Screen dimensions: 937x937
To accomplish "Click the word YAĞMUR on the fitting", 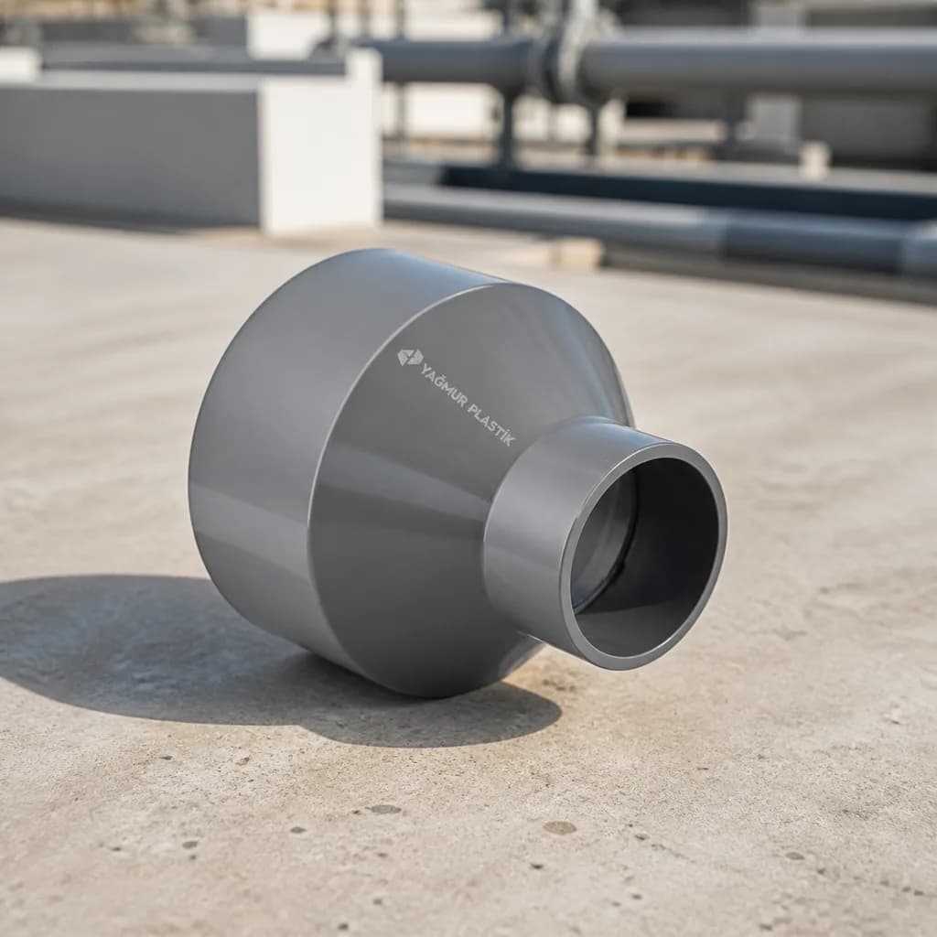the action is tap(442, 383).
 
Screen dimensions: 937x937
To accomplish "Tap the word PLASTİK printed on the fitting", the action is tap(490, 423).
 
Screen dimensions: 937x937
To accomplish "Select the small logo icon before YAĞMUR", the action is tap(410, 358).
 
